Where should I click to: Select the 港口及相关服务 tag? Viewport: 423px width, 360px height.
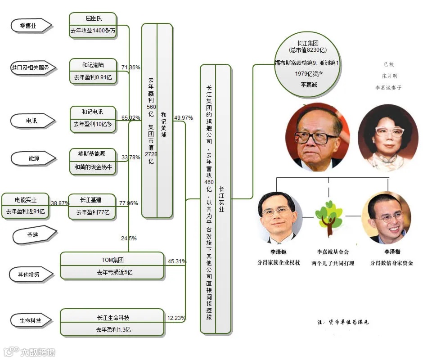coord(30,68)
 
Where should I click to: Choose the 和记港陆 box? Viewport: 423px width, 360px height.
coord(93,71)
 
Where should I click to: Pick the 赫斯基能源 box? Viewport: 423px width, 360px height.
coord(93,161)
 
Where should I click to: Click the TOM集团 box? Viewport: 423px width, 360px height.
coord(112,266)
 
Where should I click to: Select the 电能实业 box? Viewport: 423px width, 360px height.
coord(26,206)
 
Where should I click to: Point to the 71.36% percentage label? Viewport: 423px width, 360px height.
coord(130,67)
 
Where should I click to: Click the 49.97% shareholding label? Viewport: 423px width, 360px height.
coord(183,118)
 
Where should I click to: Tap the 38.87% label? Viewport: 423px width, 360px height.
coord(60,203)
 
